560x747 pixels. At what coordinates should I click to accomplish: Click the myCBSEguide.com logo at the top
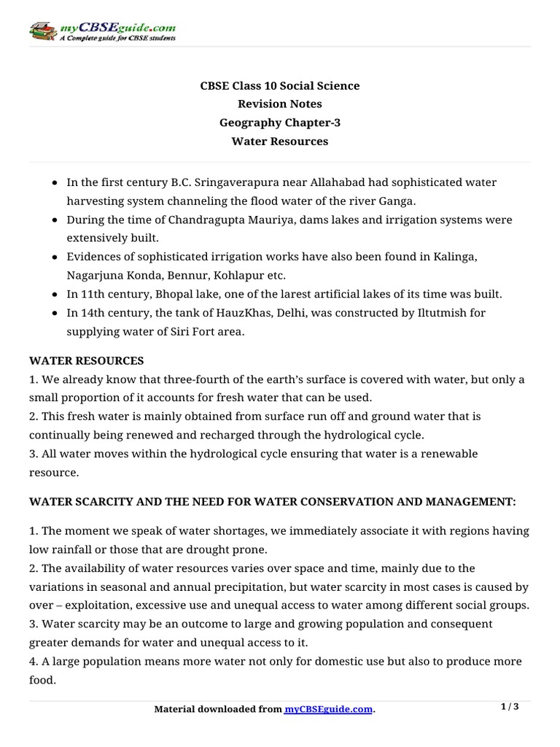(x=102, y=31)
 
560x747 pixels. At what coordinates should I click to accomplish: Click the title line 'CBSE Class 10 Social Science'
(x=280, y=86)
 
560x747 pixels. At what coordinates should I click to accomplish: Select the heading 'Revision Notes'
(x=280, y=104)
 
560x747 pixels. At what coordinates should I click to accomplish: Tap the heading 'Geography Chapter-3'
(x=280, y=123)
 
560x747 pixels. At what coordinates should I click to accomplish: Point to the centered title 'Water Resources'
(x=280, y=142)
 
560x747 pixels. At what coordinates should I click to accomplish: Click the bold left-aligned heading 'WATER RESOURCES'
(x=87, y=361)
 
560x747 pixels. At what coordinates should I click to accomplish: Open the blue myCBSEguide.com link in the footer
(x=328, y=709)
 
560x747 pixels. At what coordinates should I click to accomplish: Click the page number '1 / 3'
(x=510, y=707)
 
